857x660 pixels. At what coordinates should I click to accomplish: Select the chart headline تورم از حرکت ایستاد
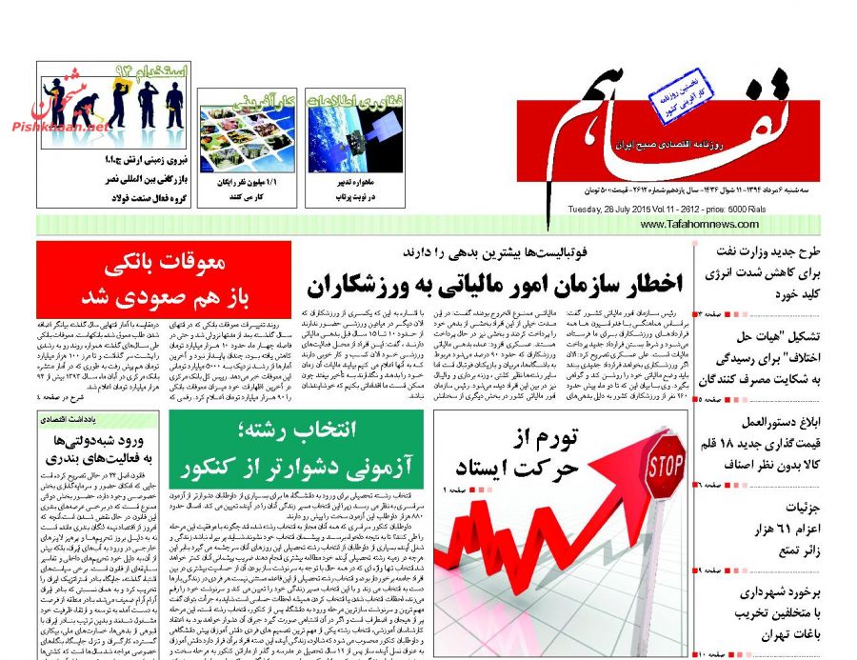[x=528, y=453]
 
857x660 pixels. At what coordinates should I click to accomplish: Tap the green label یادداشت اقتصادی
[x=66, y=418]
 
